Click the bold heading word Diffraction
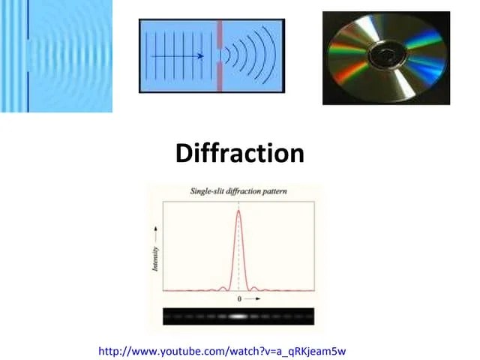(239, 154)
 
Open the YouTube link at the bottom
(222, 350)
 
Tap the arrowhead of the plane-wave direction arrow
(202, 55)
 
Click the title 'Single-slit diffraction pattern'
(238, 192)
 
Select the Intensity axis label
(155, 259)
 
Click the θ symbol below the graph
(239, 298)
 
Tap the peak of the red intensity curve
(238, 211)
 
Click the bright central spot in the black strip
(238, 316)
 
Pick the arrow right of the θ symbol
(253, 298)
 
